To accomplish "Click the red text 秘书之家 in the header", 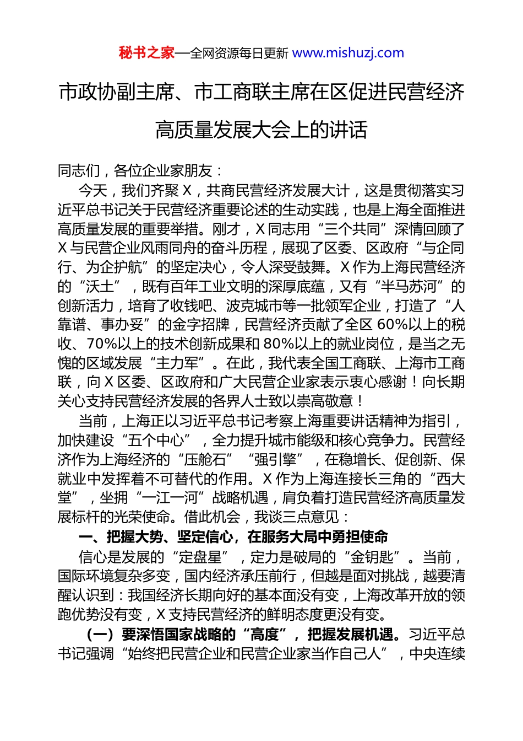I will pyautogui.click(x=146, y=53).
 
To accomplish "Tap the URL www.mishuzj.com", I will pyautogui.click(x=348, y=53).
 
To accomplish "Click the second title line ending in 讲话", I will pyautogui.click(x=261, y=130).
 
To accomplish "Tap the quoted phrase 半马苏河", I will pyautogui.click(x=410, y=286).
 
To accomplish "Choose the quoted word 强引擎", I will pyautogui.click(x=275, y=460).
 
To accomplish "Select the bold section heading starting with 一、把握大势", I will pyautogui.click(x=233, y=536).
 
